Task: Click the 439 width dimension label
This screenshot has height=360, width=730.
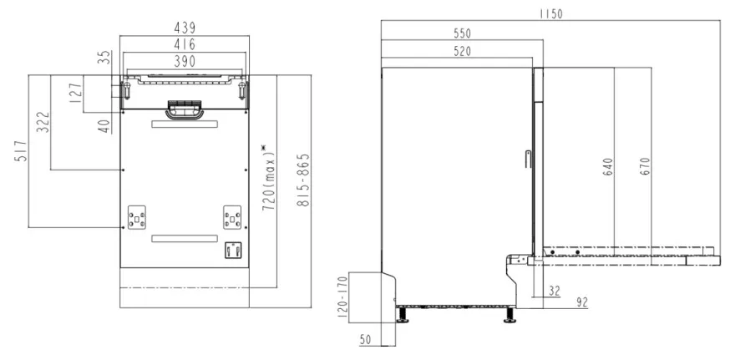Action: tap(185, 28)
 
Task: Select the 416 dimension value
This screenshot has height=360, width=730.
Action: tap(185, 45)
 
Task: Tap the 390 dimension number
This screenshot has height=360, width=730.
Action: tap(185, 61)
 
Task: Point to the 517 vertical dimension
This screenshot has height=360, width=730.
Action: tap(21, 151)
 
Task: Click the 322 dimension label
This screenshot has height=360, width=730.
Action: tap(43, 122)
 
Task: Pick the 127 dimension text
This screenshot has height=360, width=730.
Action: tap(76, 93)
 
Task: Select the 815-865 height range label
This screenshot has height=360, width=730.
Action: tap(303, 180)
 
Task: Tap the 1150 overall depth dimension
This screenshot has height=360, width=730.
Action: tap(550, 14)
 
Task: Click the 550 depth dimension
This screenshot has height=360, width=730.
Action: tap(462, 33)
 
